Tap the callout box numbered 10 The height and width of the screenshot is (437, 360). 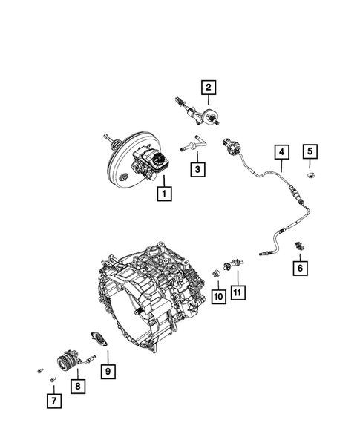[x=218, y=297]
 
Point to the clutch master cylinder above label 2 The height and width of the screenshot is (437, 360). [x=199, y=113]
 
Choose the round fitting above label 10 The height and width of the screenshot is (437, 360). [x=216, y=272]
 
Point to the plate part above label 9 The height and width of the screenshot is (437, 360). [x=98, y=340]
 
